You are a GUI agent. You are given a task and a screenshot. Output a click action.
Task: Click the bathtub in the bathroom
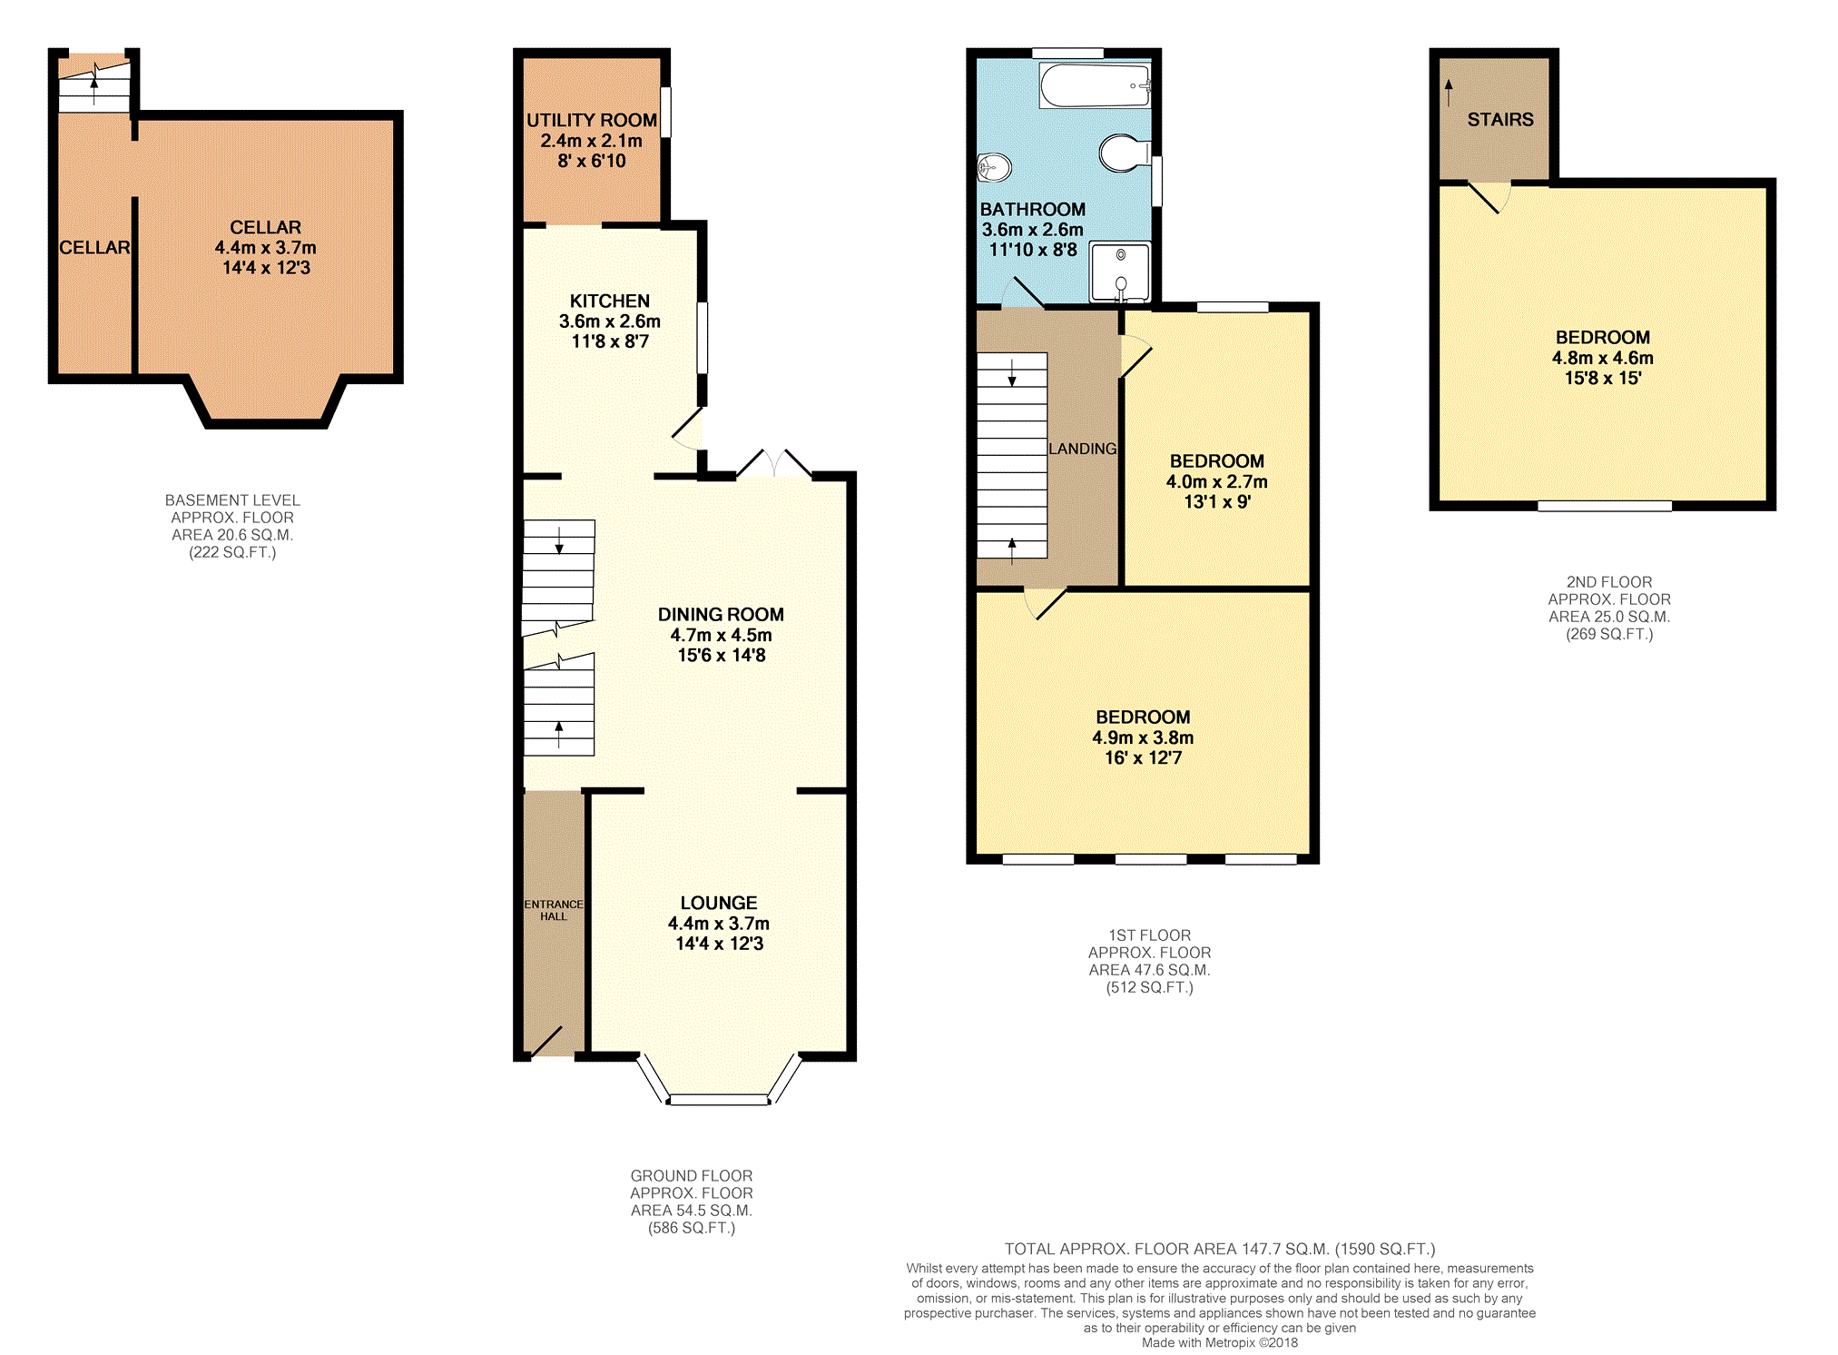(x=1094, y=85)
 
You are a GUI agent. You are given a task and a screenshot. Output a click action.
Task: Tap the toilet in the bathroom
(x=1124, y=153)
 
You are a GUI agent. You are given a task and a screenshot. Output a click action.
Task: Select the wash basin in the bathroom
(x=994, y=167)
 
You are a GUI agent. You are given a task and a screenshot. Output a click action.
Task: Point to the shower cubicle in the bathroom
(x=1120, y=272)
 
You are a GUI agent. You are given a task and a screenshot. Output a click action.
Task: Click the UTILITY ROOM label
(x=591, y=120)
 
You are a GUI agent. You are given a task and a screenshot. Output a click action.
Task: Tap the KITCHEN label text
(x=609, y=301)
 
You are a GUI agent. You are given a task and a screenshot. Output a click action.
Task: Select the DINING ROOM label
(x=721, y=615)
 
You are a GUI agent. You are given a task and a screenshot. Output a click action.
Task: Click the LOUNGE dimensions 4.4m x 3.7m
(x=718, y=924)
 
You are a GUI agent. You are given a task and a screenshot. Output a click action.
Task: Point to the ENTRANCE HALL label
(x=553, y=910)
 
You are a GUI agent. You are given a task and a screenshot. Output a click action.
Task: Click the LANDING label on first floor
(x=1082, y=449)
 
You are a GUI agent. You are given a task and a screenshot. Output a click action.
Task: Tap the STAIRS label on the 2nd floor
(x=1499, y=120)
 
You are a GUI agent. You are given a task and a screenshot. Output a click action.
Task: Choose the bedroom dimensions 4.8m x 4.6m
(x=1602, y=358)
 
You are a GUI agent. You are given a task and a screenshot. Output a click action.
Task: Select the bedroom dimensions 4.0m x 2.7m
(x=1216, y=481)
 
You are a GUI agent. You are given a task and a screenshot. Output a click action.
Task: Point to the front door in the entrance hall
(x=546, y=1041)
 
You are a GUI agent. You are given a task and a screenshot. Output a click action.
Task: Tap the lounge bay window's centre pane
(x=718, y=1100)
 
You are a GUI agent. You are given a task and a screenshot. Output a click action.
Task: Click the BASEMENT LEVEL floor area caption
(x=232, y=526)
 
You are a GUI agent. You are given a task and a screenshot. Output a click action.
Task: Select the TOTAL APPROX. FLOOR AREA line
(x=1219, y=1249)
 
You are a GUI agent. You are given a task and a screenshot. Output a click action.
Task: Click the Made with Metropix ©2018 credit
(x=1219, y=1342)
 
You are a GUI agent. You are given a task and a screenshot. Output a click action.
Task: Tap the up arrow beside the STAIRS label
(x=1449, y=92)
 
